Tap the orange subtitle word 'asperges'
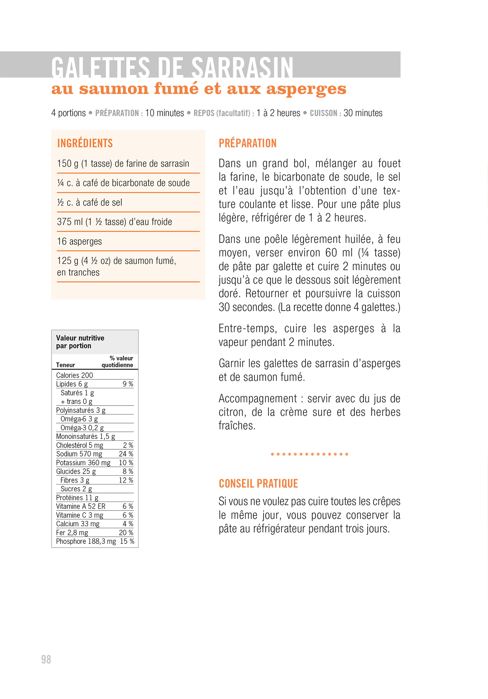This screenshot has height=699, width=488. (306, 89)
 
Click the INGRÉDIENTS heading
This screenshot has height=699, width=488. (85, 143)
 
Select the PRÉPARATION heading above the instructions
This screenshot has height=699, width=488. (247, 143)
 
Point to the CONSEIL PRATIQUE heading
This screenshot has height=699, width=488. (258, 484)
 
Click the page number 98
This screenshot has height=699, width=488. (46, 659)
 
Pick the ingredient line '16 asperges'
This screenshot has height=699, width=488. (79, 241)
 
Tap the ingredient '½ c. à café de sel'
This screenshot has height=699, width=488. (90, 203)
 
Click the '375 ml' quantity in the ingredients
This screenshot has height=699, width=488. (69, 222)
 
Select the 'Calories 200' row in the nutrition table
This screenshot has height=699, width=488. (74, 375)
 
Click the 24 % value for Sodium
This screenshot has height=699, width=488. (126, 454)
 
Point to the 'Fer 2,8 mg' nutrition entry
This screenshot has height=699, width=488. (72, 533)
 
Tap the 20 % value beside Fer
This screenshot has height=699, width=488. (126, 533)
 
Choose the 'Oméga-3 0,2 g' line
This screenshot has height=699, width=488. (82, 428)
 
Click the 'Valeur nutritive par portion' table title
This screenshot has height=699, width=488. (80, 342)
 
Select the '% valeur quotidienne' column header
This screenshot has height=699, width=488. (117, 362)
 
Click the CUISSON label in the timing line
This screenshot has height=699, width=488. (323, 113)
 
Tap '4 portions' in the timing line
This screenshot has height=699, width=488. (68, 113)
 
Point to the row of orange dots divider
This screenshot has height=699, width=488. (309, 454)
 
